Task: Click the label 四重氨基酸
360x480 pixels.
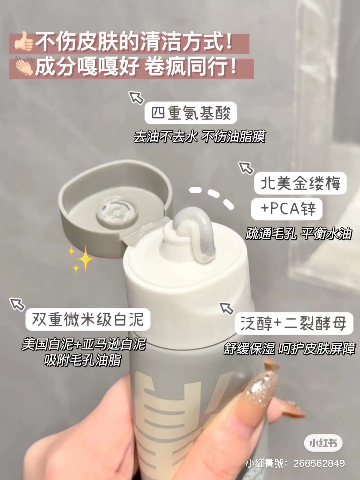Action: click(x=191, y=113)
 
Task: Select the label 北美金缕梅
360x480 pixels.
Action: click(x=300, y=183)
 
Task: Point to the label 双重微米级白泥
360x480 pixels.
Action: click(x=88, y=320)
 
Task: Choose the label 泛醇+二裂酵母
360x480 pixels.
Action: click(x=294, y=323)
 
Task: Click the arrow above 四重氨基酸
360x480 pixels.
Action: click(x=137, y=97)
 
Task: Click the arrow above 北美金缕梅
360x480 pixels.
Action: click(x=246, y=168)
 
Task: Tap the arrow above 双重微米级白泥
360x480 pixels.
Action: click(x=17, y=304)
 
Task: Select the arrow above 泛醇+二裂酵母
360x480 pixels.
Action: click(x=227, y=308)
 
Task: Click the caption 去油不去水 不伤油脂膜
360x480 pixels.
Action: click(x=199, y=137)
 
